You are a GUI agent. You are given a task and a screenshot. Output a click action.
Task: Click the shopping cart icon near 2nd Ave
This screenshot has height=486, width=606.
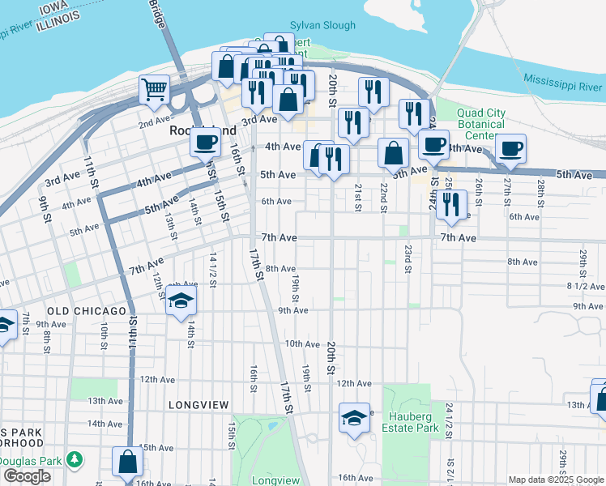154,89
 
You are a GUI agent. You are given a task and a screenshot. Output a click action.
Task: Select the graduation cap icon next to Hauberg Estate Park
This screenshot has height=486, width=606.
354,418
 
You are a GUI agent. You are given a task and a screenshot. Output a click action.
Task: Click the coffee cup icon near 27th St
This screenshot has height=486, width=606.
510,149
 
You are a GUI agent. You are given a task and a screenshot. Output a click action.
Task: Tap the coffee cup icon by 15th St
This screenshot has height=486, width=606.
205,143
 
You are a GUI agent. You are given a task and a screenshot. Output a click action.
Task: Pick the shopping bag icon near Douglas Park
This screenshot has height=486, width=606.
127,463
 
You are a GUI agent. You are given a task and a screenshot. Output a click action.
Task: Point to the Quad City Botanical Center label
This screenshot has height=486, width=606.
480,124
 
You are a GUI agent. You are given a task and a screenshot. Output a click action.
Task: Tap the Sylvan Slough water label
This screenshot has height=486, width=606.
323,26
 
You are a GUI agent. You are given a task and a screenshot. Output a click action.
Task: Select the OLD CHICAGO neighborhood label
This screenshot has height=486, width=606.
87,311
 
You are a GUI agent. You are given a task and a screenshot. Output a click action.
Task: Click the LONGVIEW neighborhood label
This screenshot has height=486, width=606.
199,404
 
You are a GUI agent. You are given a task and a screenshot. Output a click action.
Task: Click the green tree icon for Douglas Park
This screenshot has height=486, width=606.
75,459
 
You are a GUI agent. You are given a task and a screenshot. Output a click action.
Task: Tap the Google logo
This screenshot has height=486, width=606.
27,476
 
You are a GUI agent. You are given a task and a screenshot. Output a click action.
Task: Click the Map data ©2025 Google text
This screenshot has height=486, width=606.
555,480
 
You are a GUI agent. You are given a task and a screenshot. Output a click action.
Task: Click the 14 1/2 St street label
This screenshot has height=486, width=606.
213,266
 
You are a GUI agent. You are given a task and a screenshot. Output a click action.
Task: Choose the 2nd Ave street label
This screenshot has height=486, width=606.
153,123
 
